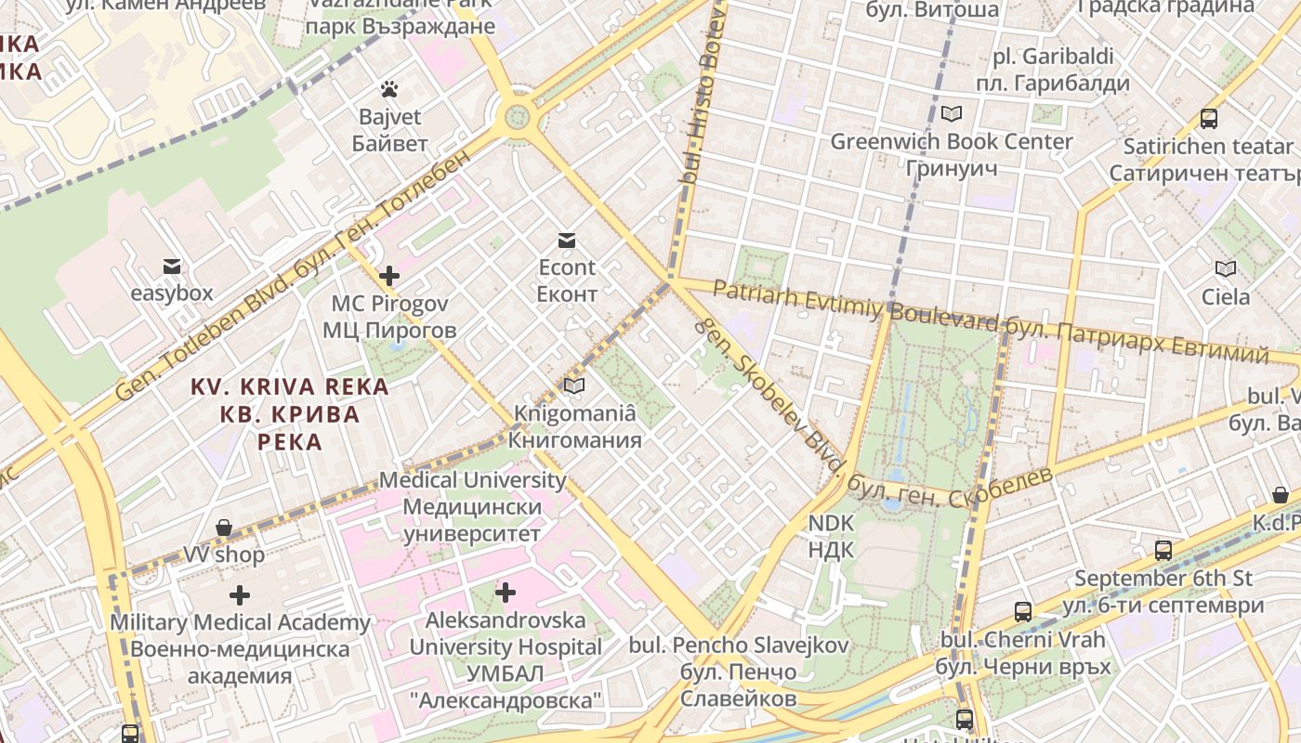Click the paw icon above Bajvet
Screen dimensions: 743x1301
pos(389,89)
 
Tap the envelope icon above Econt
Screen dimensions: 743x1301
pos(567,241)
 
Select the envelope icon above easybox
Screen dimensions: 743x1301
pos(172,267)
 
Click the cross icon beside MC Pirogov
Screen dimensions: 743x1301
pos(389,276)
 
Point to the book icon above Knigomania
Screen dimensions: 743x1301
pos(575,385)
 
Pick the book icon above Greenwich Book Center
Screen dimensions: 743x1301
pos(951,114)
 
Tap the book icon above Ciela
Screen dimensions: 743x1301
pos(1226,269)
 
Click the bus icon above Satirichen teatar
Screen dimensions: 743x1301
pos(1208,119)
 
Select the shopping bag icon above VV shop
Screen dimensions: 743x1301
pos(224,528)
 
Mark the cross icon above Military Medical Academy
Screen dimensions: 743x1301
pos(240,594)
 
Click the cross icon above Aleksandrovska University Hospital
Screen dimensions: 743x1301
pos(506,592)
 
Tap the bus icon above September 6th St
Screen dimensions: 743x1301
pos(1163,550)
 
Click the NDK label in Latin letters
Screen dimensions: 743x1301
pos(831,523)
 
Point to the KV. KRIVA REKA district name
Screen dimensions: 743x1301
pos(290,386)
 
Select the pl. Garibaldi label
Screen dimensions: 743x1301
pos(1053,57)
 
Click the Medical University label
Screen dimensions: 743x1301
pos(472,480)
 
